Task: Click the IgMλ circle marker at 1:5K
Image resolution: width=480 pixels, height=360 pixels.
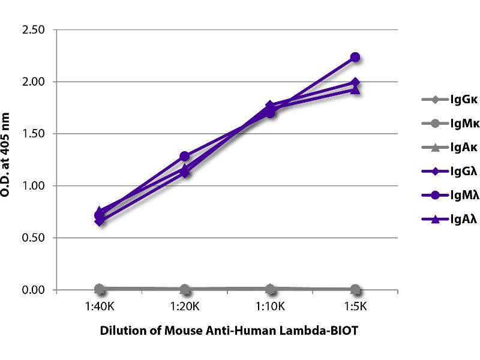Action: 355,57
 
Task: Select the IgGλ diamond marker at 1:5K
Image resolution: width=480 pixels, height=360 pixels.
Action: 355,82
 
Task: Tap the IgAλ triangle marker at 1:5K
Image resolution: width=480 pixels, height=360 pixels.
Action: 355,90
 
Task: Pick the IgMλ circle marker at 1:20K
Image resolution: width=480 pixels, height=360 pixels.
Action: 185,156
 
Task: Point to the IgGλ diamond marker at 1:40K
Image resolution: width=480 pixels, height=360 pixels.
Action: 100,221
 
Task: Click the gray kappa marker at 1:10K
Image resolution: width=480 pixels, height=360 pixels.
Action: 270,289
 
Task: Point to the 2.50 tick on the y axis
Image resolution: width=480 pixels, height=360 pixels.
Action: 35,29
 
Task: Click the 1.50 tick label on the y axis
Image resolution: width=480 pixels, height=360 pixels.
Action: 35,134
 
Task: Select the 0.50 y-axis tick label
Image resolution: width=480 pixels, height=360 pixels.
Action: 35,238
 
